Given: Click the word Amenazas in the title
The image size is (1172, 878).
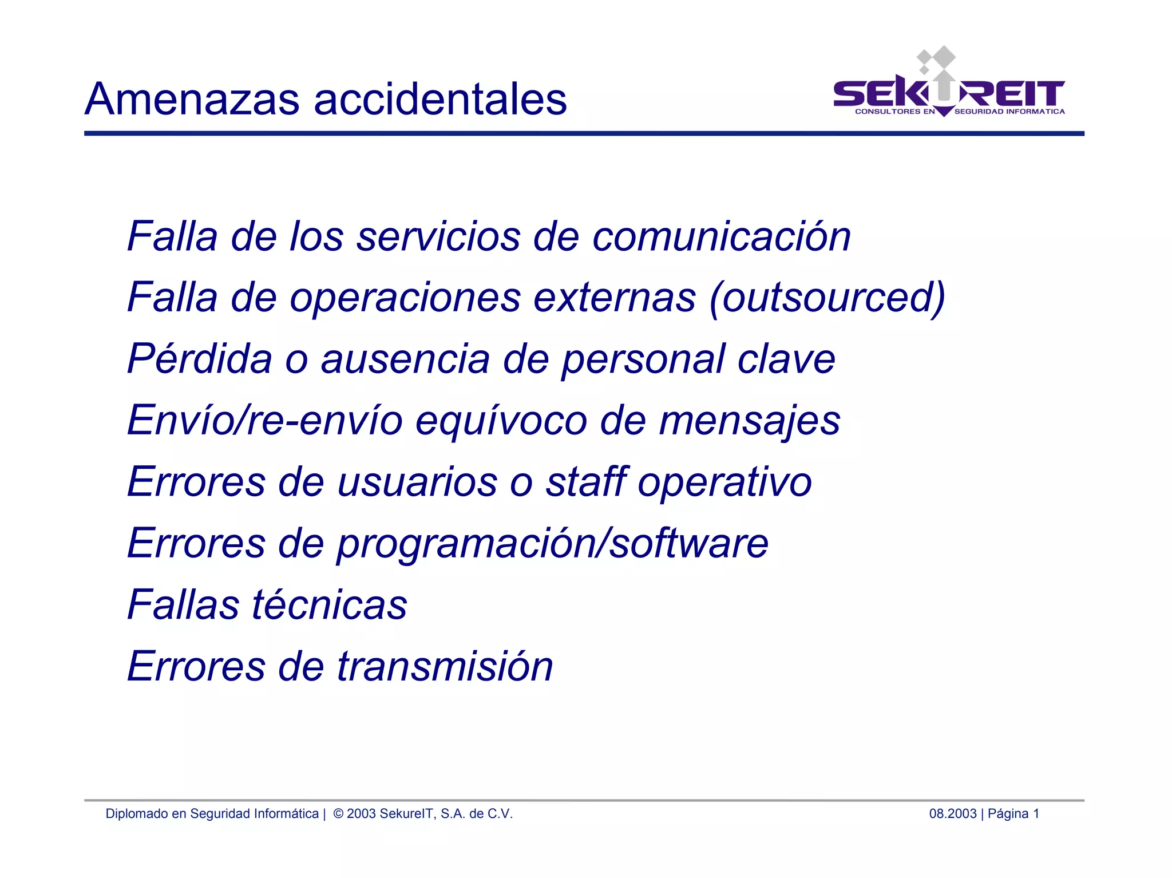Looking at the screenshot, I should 192,99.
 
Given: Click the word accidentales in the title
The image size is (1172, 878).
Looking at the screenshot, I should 440,99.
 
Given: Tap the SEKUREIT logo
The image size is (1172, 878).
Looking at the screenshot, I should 949,86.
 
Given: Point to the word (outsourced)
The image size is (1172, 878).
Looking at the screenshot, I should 827,298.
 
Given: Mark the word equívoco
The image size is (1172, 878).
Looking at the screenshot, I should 501,421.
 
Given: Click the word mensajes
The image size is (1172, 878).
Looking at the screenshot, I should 750,421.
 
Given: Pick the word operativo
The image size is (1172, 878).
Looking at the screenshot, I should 724,482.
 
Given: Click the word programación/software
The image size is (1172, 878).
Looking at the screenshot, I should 552,544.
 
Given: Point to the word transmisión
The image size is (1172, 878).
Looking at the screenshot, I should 445,666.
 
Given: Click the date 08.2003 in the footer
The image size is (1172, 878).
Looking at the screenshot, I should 952,813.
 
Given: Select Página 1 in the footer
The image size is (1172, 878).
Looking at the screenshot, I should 1013,813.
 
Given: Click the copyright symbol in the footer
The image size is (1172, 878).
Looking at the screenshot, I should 338,813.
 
